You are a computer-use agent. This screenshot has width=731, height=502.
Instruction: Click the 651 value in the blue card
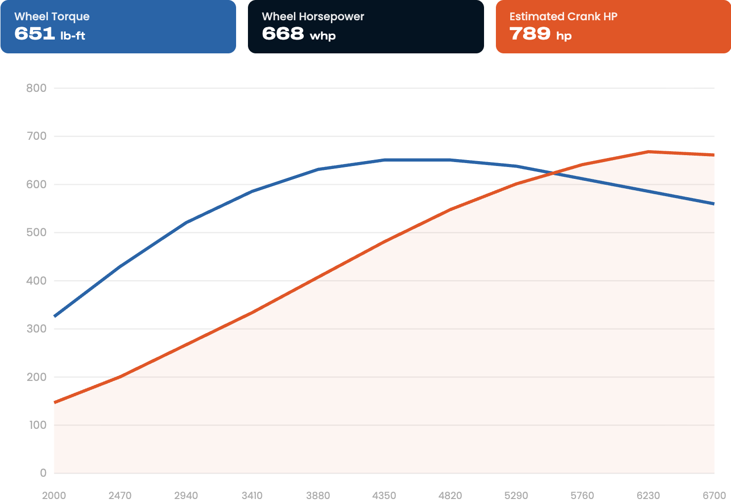(35, 34)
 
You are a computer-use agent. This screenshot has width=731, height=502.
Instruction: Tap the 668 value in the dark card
(283, 34)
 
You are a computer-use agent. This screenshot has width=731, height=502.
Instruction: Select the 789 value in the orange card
(530, 34)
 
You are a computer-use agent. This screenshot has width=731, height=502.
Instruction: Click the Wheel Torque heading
(52, 17)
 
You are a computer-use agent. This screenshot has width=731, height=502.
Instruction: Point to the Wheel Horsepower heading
(313, 17)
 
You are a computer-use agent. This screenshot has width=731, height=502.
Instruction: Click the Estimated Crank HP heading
(564, 16)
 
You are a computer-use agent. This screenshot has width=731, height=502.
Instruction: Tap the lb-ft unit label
(73, 35)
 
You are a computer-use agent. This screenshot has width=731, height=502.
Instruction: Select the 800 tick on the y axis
(36, 88)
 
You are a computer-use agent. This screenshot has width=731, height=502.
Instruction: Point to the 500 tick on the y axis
(36, 232)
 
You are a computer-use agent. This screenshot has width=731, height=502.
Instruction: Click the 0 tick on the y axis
(43, 473)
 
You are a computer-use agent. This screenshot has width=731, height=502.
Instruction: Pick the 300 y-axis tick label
(36, 329)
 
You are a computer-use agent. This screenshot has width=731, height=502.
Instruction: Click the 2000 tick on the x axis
(54, 496)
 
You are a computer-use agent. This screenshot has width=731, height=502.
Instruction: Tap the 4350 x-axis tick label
(384, 496)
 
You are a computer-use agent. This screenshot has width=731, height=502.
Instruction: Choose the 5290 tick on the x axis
(516, 496)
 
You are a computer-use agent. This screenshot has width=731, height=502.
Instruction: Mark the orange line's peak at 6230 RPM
(649, 152)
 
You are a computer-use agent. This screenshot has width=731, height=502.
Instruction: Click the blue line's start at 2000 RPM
(54, 316)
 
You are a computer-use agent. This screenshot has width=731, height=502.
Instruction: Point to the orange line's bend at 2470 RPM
(121, 376)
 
